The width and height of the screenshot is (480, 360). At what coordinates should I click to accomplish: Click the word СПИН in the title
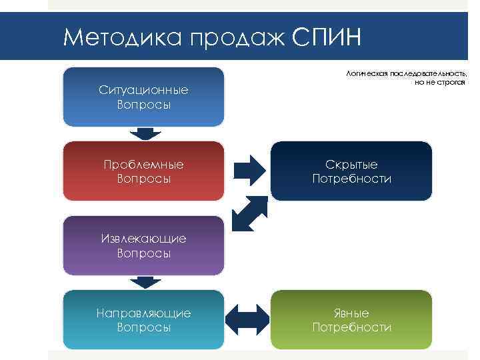point(327,36)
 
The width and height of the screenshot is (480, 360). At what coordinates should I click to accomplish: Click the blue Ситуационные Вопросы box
point(143,97)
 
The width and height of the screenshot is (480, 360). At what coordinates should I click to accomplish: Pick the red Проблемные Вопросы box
point(143,171)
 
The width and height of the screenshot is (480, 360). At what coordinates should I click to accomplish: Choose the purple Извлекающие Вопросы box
point(143,245)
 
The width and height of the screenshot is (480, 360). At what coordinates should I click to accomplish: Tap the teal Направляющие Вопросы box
point(143,319)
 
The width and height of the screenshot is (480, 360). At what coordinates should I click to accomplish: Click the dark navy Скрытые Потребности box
point(351,171)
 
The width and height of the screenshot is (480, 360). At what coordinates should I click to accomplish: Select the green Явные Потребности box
point(351,319)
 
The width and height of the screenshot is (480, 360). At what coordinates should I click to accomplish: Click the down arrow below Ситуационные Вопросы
point(144,133)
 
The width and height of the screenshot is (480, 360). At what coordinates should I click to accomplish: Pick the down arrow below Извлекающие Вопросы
point(144,282)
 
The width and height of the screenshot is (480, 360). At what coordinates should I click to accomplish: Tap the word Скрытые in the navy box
point(351,164)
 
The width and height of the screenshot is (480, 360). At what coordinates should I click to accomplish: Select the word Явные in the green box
point(351,313)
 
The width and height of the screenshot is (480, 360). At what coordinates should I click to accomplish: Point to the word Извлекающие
point(143,238)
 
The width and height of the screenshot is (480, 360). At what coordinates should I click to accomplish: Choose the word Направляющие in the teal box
point(143,313)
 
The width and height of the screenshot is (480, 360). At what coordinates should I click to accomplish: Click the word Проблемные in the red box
point(143,164)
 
